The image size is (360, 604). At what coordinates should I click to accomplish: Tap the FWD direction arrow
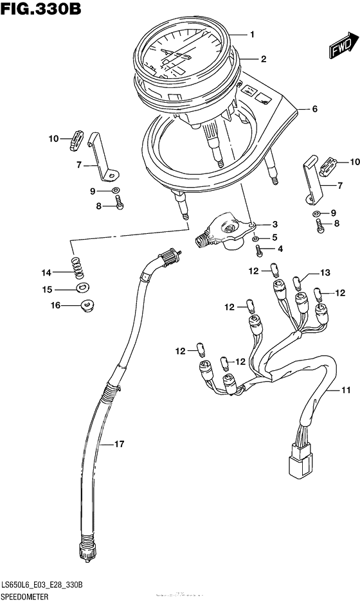click(341, 47)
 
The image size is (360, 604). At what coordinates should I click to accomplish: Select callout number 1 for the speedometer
click(253, 34)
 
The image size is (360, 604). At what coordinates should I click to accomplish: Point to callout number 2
click(263, 59)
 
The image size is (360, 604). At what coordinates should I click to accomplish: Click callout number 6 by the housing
click(314, 109)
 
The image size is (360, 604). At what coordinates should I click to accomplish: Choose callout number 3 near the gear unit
click(275, 224)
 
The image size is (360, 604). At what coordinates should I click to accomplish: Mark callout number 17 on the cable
click(119, 444)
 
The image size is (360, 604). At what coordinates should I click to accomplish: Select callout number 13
click(325, 273)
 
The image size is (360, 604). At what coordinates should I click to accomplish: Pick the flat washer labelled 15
click(82, 288)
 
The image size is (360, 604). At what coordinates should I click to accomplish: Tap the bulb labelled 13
click(297, 280)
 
